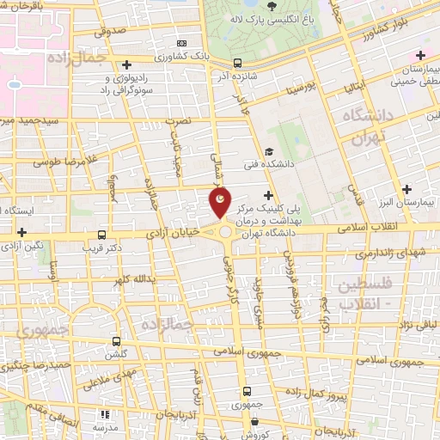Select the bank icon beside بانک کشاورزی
(x=180, y=42)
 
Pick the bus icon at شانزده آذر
(x=237, y=63)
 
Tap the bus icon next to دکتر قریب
(x=102, y=235)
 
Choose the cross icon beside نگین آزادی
(x=21, y=232)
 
